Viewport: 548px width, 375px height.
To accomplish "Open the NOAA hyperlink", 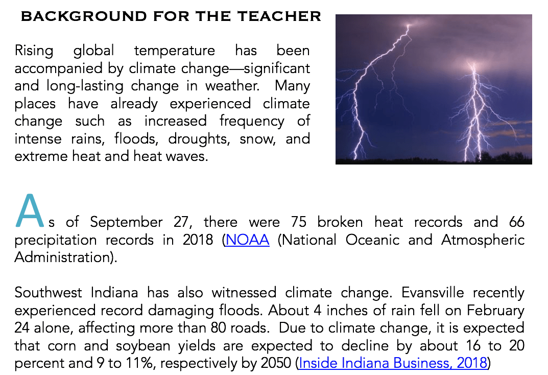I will (x=247, y=240).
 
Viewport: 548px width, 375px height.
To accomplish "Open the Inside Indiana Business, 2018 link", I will (x=393, y=363).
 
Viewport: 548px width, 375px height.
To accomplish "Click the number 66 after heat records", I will (x=516, y=222).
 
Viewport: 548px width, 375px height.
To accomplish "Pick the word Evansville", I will (x=433, y=293).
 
